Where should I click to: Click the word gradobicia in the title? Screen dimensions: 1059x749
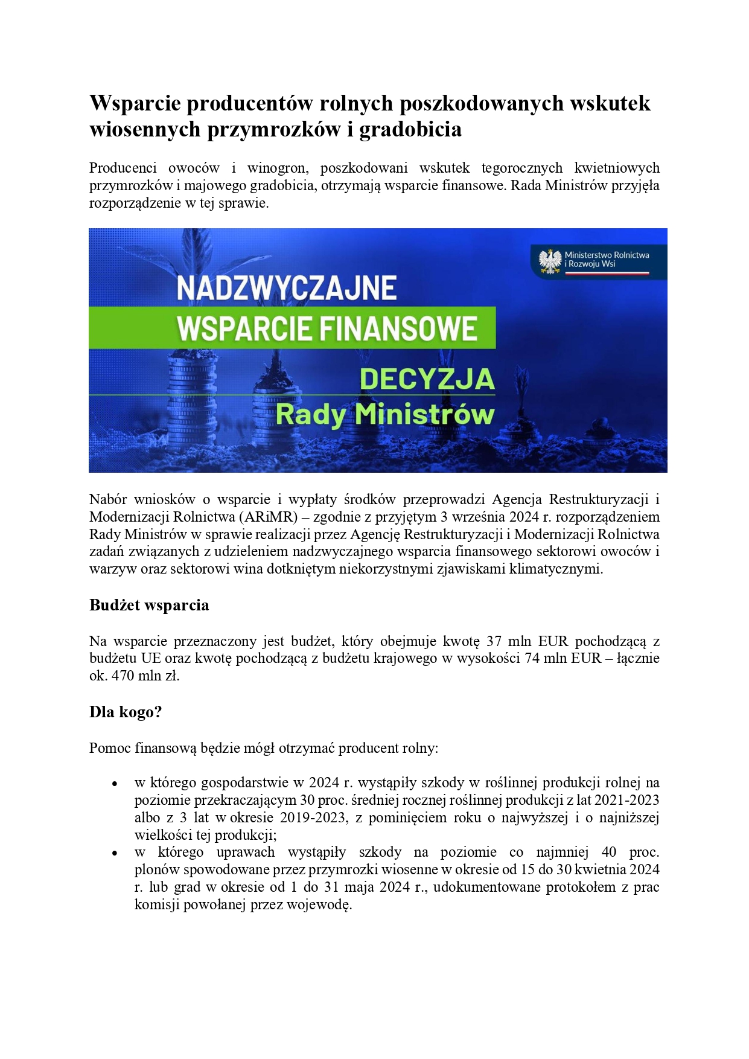coord(410,129)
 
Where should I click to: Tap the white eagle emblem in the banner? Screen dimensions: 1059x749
coord(550,261)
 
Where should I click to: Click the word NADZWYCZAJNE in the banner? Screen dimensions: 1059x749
coord(287,288)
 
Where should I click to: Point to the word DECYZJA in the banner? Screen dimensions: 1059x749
coord(427,379)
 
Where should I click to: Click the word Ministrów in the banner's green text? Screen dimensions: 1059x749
coord(425,415)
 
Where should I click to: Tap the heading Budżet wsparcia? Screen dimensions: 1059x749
coord(149,605)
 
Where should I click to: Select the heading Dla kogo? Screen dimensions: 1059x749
coord(126,712)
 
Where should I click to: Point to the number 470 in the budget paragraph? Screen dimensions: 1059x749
coord(123,676)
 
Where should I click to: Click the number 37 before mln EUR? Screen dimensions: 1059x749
coord(494,641)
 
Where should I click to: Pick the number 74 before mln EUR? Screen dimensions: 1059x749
coord(532,658)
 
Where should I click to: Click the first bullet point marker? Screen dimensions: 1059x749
coord(114,784)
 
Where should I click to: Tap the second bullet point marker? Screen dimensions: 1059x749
coord(114,854)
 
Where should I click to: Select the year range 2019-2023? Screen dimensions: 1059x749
coord(314,817)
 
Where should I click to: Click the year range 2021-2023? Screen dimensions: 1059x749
coord(626,800)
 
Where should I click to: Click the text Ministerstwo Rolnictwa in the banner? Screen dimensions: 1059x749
coord(607,255)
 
